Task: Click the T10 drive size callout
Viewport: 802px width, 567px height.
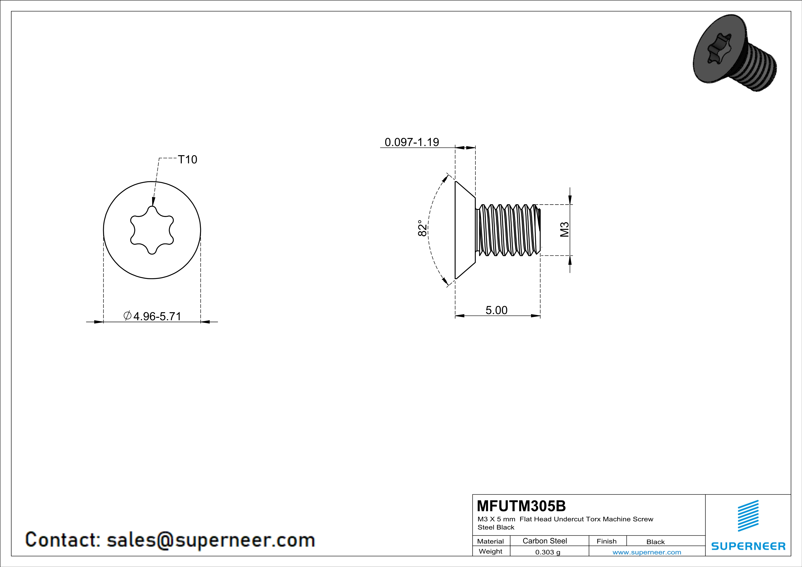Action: (x=188, y=160)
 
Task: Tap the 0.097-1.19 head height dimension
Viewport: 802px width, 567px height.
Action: (x=412, y=142)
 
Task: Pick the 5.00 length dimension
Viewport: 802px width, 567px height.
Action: (x=496, y=310)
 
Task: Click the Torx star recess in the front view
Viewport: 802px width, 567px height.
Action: (x=152, y=230)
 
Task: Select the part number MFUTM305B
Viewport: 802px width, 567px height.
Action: (x=521, y=506)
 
